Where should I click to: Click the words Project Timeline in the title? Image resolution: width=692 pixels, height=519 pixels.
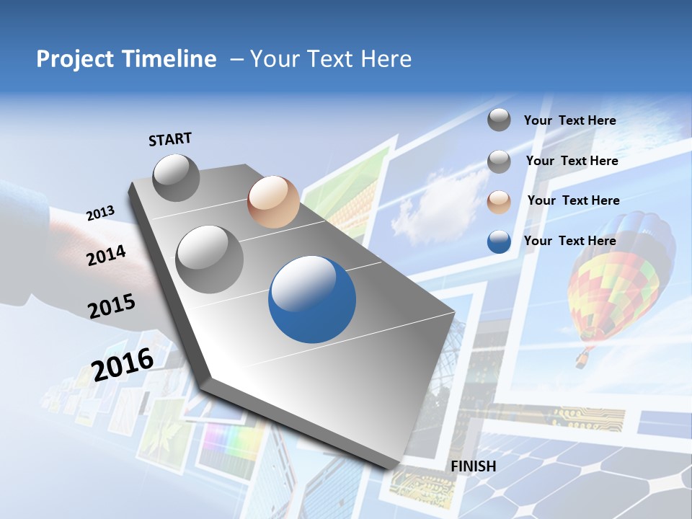(x=126, y=59)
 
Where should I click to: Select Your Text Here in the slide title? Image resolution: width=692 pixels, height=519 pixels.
(x=331, y=59)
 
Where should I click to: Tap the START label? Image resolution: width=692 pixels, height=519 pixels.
(x=170, y=139)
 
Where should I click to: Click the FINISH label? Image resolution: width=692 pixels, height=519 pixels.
(x=474, y=466)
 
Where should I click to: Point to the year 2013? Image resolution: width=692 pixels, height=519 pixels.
(x=100, y=213)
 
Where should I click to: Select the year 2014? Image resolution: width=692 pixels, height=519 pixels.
(x=106, y=256)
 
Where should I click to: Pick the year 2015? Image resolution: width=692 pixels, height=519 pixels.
(x=112, y=306)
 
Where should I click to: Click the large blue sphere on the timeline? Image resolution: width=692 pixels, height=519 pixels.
(x=312, y=299)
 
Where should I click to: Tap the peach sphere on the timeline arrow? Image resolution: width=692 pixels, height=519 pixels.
(x=273, y=202)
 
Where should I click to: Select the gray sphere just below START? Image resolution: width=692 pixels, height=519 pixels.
(x=177, y=177)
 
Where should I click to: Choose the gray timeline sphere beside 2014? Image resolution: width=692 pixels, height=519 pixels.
(x=210, y=259)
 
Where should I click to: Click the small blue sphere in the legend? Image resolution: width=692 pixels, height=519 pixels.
(x=499, y=241)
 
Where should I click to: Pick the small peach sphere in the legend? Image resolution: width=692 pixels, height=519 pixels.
(x=499, y=201)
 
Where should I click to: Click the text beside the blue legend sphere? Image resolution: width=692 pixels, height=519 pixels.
(x=569, y=241)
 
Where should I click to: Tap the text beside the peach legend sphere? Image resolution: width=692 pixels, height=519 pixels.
(x=573, y=200)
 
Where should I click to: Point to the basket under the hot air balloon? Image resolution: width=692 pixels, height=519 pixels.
(x=581, y=358)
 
